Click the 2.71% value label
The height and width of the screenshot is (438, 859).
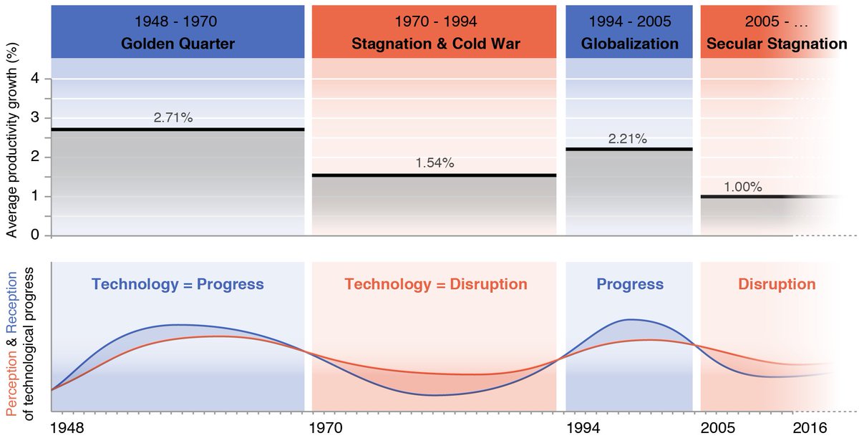point(173,117)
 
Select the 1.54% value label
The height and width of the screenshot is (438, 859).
point(435,163)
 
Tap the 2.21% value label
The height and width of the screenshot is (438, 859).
point(628,139)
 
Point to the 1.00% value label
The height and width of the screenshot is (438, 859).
point(742,187)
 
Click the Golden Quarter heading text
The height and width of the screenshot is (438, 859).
point(178,44)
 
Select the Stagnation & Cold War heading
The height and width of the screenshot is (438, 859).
point(435,44)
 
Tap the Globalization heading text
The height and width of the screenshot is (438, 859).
point(630,44)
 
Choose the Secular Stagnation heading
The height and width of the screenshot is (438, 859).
point(777,44)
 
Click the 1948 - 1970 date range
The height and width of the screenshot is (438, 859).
point(178,21)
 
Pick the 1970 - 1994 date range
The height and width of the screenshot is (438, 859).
point(435,21)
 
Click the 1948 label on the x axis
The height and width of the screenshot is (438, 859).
point(68,427)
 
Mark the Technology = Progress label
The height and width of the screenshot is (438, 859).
point(178,284)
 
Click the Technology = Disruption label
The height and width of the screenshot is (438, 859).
point(436,284)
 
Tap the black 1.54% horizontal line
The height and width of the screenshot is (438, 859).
point(435,175)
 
